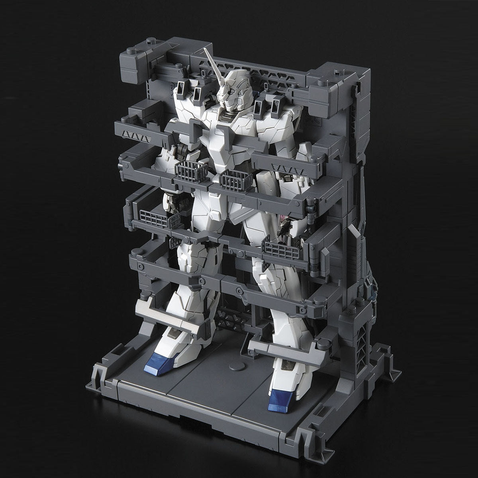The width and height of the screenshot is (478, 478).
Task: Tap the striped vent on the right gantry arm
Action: click(281, 166)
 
